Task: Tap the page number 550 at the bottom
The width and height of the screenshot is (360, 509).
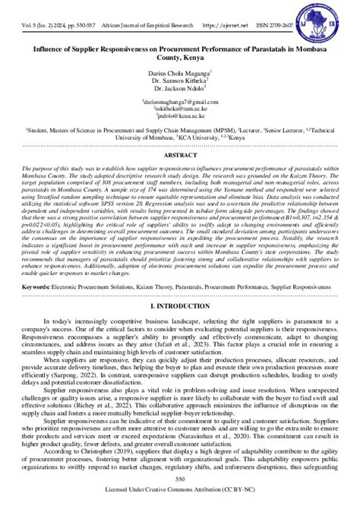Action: point(180,480)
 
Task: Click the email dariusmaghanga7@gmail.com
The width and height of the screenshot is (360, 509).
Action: point(179,102)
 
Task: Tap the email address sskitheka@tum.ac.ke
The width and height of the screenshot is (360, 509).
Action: point(179,109)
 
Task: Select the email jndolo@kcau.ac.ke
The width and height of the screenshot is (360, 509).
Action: point(179,117)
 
